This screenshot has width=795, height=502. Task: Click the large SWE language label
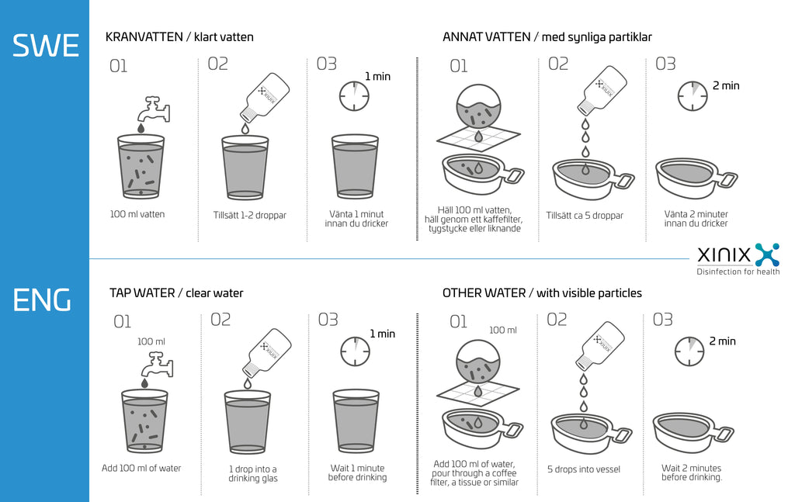pyautogui.click(x=45, y=46)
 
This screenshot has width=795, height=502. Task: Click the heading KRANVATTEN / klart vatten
pyautogui.click(x=179, y=36)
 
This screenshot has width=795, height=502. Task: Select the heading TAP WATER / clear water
pyautogui.click(x=176, y=293)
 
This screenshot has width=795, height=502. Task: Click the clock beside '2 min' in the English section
pyautogui.click(x=689, y=351)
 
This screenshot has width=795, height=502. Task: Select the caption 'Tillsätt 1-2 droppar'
pyautogui.click(x=249, y=215)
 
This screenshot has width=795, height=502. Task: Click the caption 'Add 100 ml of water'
pyautogui.click(x=141, y=468)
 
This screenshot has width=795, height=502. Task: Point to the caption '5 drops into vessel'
pyautogui.click(x=584, y=469)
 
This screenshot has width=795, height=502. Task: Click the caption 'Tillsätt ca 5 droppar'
pyautogui.click(x=585, y=216)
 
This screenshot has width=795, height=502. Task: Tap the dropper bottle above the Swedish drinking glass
pyautogui.click(x=265, y=100)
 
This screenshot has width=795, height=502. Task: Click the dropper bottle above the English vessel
pyautogui.click(x=600, y=346)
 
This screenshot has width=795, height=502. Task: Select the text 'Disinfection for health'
pyautogui.click(x=738, y=272)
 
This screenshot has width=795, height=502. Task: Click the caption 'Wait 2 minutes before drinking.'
pyautogui.click(x=691, y=473)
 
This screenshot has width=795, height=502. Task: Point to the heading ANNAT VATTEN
pyautogui.click(x=486, y=36)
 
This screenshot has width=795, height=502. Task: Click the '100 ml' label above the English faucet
pyautogui.click(x=151, y=341)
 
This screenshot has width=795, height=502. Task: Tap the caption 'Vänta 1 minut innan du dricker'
pyautogui.click(x=356, y=219)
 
